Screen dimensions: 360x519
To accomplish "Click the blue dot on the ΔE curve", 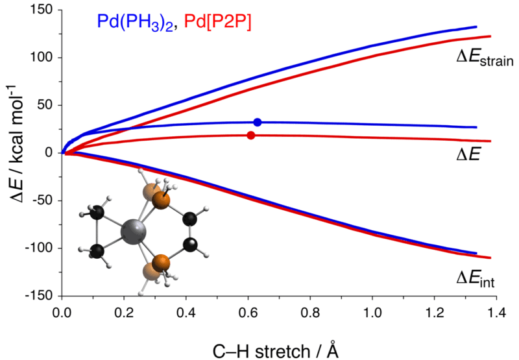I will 258,122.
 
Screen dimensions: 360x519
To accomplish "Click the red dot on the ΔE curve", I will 251,135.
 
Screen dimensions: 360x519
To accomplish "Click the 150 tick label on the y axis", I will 43,10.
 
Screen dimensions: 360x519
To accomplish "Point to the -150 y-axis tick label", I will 40,296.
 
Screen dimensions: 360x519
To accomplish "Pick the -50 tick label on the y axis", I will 43,200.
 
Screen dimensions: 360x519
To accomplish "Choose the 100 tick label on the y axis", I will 43,58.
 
